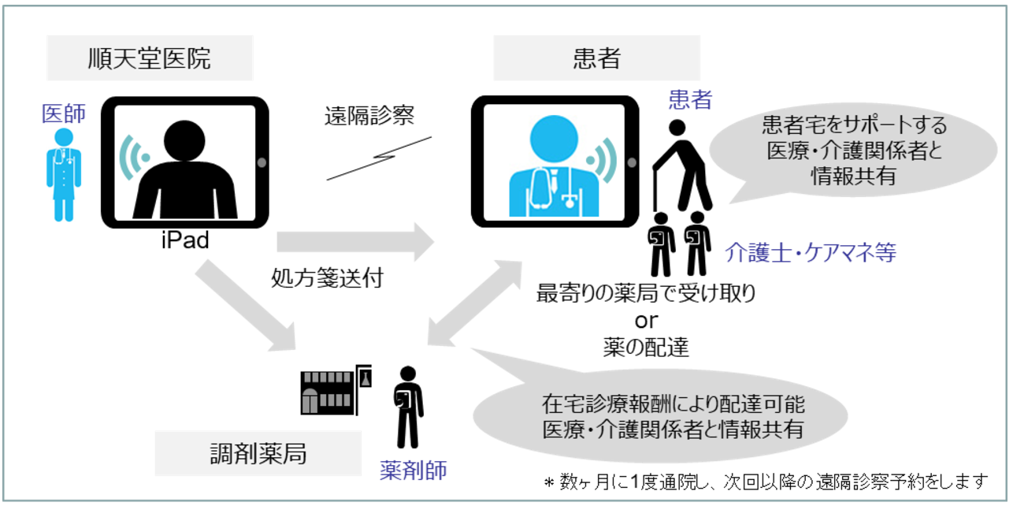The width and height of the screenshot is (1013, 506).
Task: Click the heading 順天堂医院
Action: (150, 58)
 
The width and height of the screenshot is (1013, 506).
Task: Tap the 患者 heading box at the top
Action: (596, 58)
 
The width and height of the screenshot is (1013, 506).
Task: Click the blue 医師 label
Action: (64, 114)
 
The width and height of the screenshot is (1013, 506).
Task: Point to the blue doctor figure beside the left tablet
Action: (63, 173)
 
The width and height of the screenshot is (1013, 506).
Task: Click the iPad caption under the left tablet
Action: (185, 240)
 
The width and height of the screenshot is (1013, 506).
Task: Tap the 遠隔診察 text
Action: (369, 117)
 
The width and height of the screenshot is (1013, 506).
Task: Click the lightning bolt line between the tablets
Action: (379, 158)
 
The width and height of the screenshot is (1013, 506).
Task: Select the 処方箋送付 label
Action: (327, 277)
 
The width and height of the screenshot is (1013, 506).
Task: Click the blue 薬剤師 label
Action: (414, 471)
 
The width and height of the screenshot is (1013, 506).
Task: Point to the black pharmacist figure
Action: (408, 406)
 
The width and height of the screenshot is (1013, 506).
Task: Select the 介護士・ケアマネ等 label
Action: (811, 253)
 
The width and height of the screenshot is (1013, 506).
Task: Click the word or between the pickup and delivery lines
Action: (646, 321)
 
